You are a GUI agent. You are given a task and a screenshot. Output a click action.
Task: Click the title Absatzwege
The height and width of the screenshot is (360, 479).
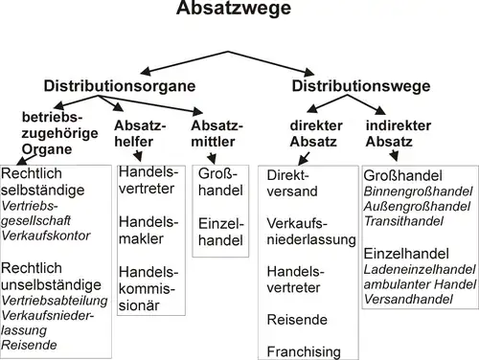pos(234,8)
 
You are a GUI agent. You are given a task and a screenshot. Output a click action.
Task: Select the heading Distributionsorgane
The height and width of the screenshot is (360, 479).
pos(120,86)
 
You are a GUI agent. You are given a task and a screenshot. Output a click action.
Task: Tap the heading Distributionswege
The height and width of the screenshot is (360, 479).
pos(361,86)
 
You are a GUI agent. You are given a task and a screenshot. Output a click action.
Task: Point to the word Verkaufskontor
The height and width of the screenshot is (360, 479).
pos(46,236)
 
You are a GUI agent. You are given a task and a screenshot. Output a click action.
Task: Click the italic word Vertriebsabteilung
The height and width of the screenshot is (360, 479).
pos(55,301)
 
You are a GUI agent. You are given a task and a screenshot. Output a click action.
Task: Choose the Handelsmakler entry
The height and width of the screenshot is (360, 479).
pos(148,230)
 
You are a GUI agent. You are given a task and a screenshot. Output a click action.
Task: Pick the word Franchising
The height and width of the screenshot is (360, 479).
pos(304,352)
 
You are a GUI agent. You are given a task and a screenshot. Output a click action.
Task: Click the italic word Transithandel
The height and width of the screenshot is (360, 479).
pos(403,221)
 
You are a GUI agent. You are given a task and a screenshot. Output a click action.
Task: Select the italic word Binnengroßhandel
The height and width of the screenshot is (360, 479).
pos(418,191)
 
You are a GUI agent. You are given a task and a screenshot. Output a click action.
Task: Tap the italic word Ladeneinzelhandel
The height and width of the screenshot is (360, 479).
pos(420,269)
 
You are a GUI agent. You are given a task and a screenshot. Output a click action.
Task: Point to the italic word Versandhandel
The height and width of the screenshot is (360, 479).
pos(408,299)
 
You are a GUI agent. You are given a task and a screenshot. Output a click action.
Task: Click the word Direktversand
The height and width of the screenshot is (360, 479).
pos(292,183)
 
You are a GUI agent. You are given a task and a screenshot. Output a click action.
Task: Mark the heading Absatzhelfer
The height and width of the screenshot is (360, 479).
pos(140,134)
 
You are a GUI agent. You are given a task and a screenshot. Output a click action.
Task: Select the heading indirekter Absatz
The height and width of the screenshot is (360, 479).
pos(399,134)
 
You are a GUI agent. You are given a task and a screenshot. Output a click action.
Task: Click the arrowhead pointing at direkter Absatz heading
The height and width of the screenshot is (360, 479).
pos(312,108)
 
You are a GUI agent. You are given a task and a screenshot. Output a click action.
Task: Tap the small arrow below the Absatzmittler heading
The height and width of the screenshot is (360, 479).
pos(212,158)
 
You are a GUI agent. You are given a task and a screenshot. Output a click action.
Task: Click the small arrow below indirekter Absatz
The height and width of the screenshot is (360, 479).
pos(394,155)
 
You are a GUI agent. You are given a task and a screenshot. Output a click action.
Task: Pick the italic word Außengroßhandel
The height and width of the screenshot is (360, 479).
pos(417,207)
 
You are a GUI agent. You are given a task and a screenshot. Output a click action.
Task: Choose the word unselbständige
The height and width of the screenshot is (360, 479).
pos(51,284)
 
